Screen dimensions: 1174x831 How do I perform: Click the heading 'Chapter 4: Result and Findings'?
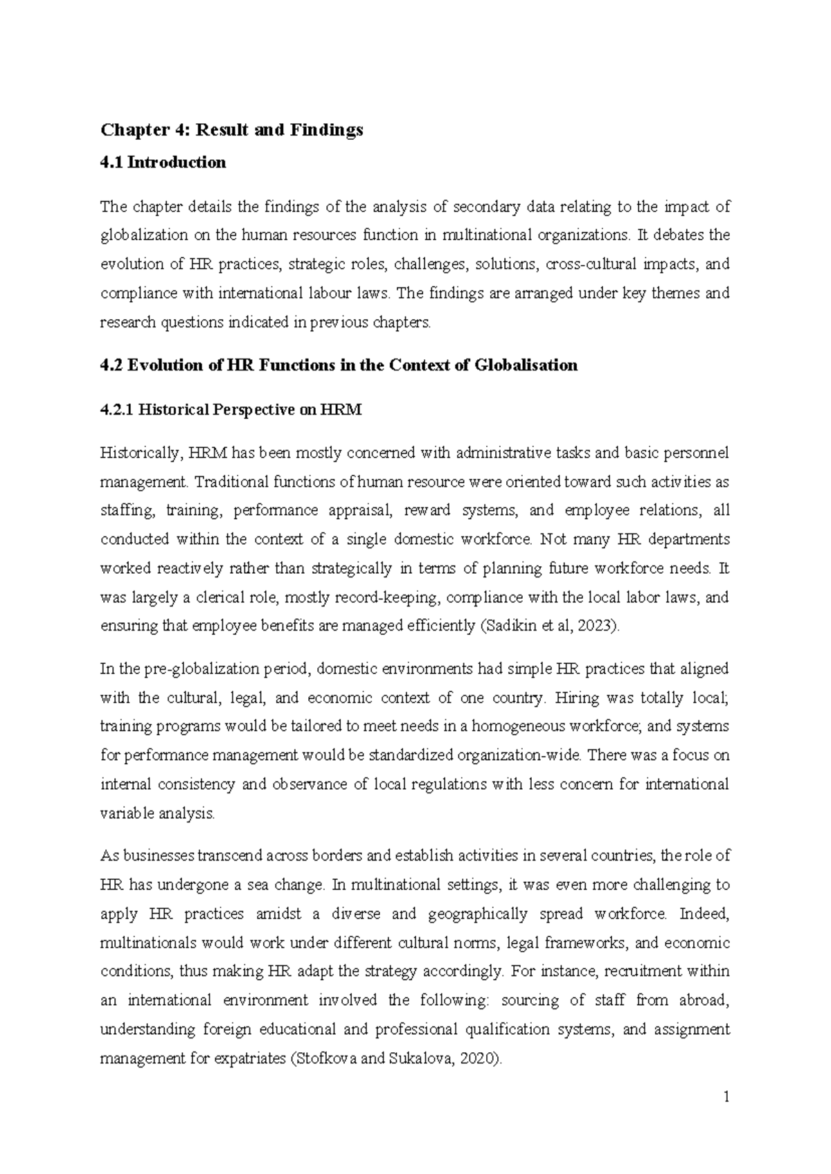[x=232, y=130]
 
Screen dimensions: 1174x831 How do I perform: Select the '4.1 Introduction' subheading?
[x=163, y=163]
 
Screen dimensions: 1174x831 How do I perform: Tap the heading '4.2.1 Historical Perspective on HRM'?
[x=231, y=410]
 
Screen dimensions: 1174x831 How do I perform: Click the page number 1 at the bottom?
[x=726, y=1097]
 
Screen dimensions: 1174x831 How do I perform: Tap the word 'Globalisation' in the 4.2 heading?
[x=526, y=365]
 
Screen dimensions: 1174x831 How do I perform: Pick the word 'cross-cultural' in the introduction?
[x=589, y=264]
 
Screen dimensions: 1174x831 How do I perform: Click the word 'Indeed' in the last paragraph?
[x=704, y=914]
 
